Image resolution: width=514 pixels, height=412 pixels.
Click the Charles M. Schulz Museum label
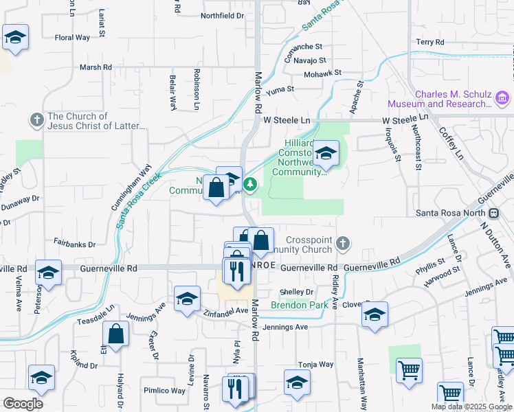tap(440, 99)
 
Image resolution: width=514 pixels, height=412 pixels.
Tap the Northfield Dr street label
tap(222, 15)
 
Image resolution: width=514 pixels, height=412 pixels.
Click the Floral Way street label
tap(73, 38)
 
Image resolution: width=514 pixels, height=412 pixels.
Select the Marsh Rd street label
tap(96, 67)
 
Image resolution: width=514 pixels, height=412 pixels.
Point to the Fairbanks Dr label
tap(74, 244)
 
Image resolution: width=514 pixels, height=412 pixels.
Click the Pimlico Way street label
tap(165, 391)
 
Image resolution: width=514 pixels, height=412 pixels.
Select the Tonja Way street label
tap(315, 365)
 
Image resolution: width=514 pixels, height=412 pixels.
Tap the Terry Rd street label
tap(430, 43)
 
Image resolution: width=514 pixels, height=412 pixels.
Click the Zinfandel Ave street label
tap(226, 312)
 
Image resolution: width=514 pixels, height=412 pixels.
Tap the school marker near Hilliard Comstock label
tap(326, 154)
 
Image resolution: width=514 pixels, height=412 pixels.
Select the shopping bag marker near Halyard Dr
tap(116, 334)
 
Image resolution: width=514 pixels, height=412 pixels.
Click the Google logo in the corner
tap(23, 404)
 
